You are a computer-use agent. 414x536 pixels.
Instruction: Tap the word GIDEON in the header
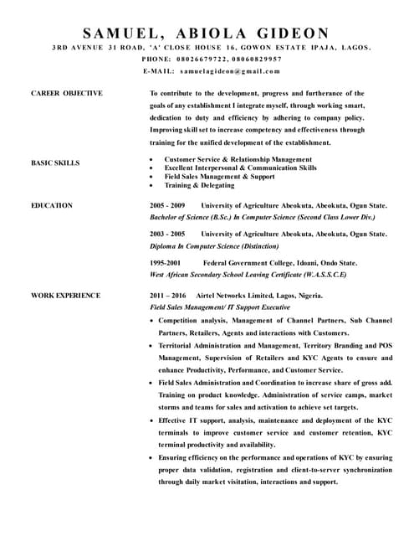pyautogui.click(x=292, y=33)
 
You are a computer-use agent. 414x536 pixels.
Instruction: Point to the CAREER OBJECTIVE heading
pyautogui.click(x=66, y=94)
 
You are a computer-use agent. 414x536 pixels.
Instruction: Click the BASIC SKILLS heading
pyautogui.click(x=55, y=163)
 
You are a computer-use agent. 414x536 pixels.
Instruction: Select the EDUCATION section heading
pyautogui.click(x=52, y=205)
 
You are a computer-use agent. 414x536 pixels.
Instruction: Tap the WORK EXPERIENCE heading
pyautogui.click(x=66, y=296)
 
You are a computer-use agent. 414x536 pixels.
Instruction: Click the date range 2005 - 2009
pyautogui.click(x=167, y=205)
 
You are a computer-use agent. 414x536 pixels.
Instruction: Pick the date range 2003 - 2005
pyautogui.click(x=167, y=234)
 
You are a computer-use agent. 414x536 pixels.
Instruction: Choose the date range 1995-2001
pyautogui.click(x=165, y=262)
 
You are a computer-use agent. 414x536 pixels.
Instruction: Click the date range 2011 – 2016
pyautogui.click(x=168, y=296)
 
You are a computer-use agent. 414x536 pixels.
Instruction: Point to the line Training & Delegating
pyautogui.click(x=200, y=185)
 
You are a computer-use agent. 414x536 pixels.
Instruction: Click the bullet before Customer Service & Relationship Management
pyautogui.click(x=151, y=159)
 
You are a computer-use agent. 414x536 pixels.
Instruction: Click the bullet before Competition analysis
pyautogui.click(x=151, y=321)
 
